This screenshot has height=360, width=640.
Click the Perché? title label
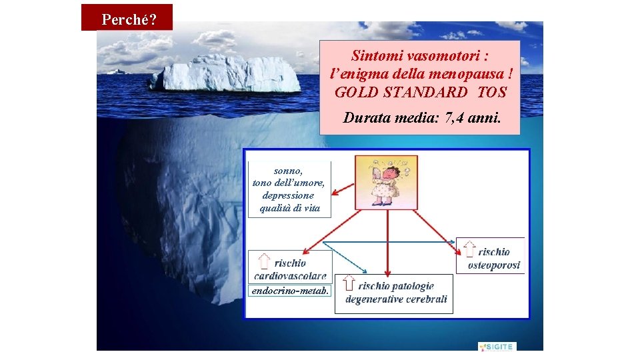click(128, 19)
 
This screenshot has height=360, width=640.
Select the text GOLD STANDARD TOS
click(420, 93)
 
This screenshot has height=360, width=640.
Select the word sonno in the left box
click(288, 171)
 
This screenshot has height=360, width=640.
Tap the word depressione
click(288, 196)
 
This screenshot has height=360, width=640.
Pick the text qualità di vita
click(289, 209)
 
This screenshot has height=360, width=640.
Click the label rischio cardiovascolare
click(291, 269)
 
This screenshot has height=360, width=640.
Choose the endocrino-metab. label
click(290, 291)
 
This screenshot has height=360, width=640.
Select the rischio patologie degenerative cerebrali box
click(396, 293)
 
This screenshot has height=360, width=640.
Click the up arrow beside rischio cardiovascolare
click(265, 262)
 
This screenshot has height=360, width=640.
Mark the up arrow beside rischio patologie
click(349, 283)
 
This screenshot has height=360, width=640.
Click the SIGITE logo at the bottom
click(497, 347)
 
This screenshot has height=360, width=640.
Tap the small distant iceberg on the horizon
click(118, 71)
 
